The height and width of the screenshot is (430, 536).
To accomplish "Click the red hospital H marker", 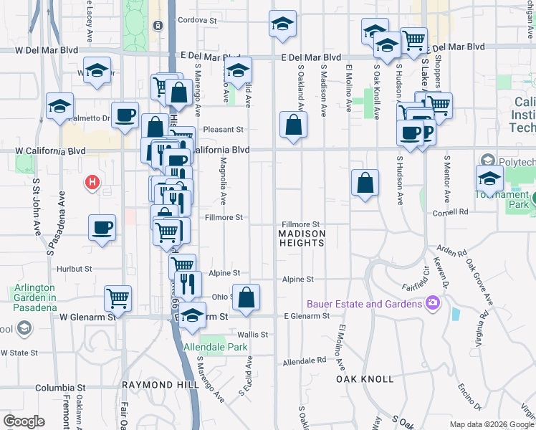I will [92, 183].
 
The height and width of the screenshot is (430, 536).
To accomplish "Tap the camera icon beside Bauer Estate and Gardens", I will [432, 304].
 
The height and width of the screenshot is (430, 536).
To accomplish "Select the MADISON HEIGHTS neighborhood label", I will [302, 239].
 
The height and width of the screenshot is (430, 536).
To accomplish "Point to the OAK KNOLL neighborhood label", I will [365, 378].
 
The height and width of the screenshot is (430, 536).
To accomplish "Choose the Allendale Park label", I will [216, 348].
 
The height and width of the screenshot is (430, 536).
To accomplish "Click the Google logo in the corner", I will [24, 421].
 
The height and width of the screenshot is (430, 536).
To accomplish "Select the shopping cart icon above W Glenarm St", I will [118, 297].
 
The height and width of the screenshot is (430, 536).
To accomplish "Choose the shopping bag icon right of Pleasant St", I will [293, 124].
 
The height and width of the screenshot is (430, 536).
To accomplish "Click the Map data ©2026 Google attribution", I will [492, 424].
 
